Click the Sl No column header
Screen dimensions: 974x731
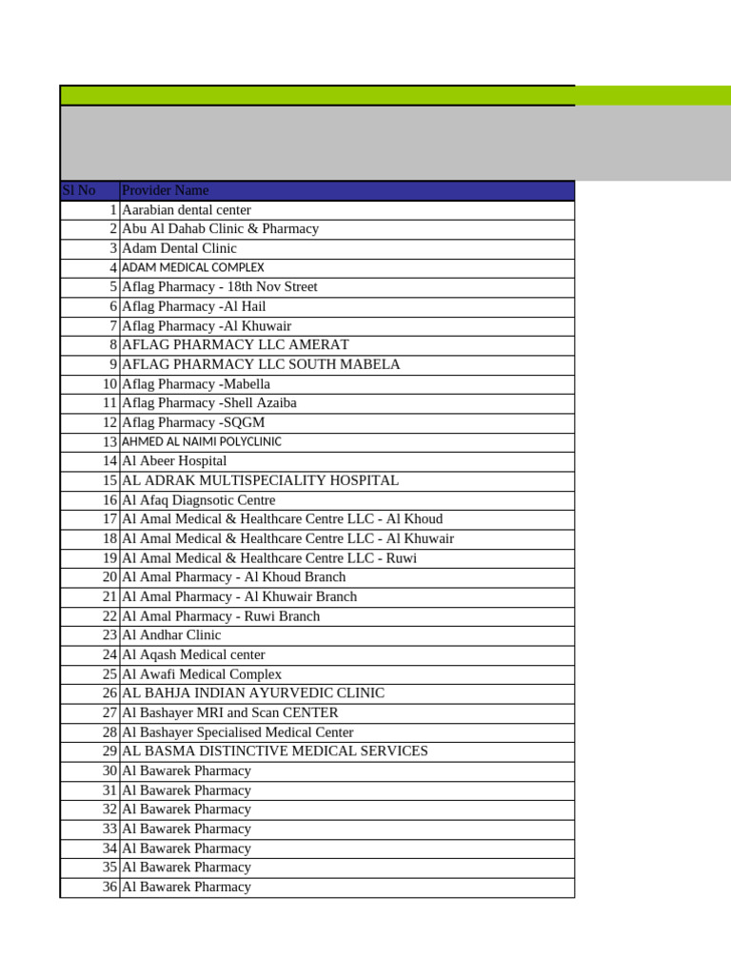click(79, 190)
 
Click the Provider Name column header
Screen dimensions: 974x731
click(166, 190)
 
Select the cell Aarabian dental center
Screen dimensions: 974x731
click(187, 210)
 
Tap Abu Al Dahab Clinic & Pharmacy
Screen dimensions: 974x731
click(220, 229)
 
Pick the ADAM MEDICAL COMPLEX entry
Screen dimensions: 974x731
click(193, 268)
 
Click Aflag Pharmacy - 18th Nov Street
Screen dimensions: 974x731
click(220, 287)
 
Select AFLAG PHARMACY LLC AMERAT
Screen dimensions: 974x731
click(235, 345)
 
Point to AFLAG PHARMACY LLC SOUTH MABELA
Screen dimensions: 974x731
click(261, 364)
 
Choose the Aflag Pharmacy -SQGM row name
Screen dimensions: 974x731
click(193, 422)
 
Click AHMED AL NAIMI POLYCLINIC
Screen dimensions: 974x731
click(202, 442)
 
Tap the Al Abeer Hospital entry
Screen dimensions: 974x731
click(174, 461)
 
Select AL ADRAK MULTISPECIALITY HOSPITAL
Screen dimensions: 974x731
click(260, 480)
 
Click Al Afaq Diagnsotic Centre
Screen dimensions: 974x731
click(199, 500)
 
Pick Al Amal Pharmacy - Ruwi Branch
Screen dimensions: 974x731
click(221, 616)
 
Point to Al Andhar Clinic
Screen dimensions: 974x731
click(171, 635)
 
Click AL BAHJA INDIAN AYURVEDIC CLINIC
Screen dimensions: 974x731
click(253, 693)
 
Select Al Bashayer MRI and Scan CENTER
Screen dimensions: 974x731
click(230, 712)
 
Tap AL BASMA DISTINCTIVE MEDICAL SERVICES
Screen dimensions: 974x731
click(275, 751)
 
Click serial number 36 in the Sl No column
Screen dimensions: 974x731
click(109, 887)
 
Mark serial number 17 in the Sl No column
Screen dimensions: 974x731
click(109, 519)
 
